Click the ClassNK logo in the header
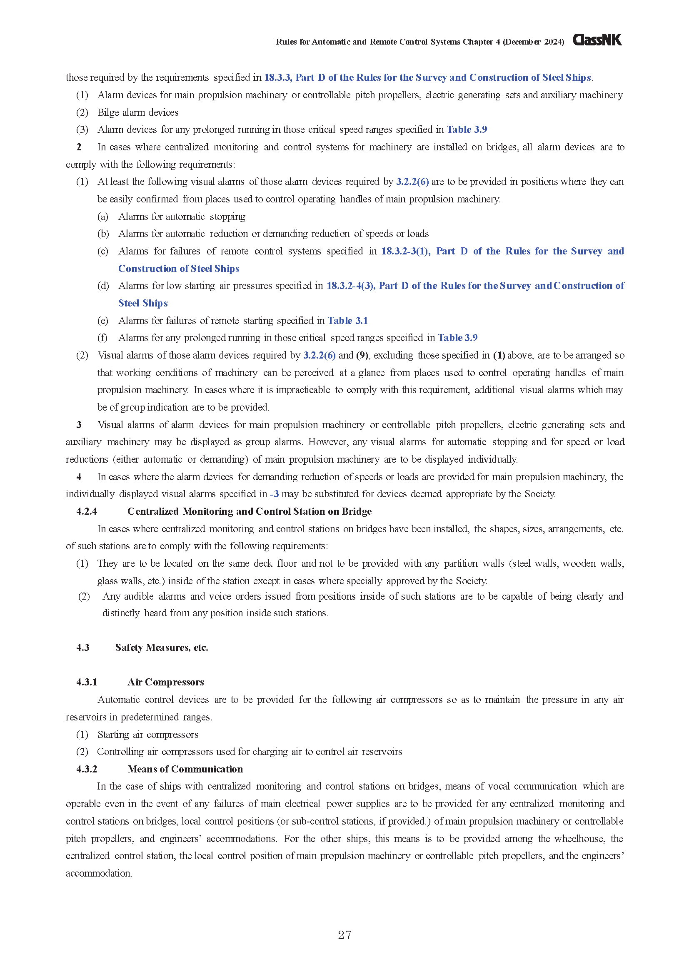point(597,40)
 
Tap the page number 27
point(344,935)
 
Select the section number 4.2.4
point(87,511)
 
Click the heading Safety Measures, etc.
point(162,648)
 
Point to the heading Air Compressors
point(165,682)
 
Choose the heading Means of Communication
point(185,769)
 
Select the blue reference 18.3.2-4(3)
point(350,286)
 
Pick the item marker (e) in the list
point(102,320)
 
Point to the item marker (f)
point(102,338)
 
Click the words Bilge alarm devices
point(138,112)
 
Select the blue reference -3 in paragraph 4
point(274,494)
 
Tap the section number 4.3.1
point(87,682)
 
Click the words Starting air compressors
point(147,734)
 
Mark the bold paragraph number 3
point(79,425)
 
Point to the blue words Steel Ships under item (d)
point(143,303)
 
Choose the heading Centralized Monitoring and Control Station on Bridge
point(250,511)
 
